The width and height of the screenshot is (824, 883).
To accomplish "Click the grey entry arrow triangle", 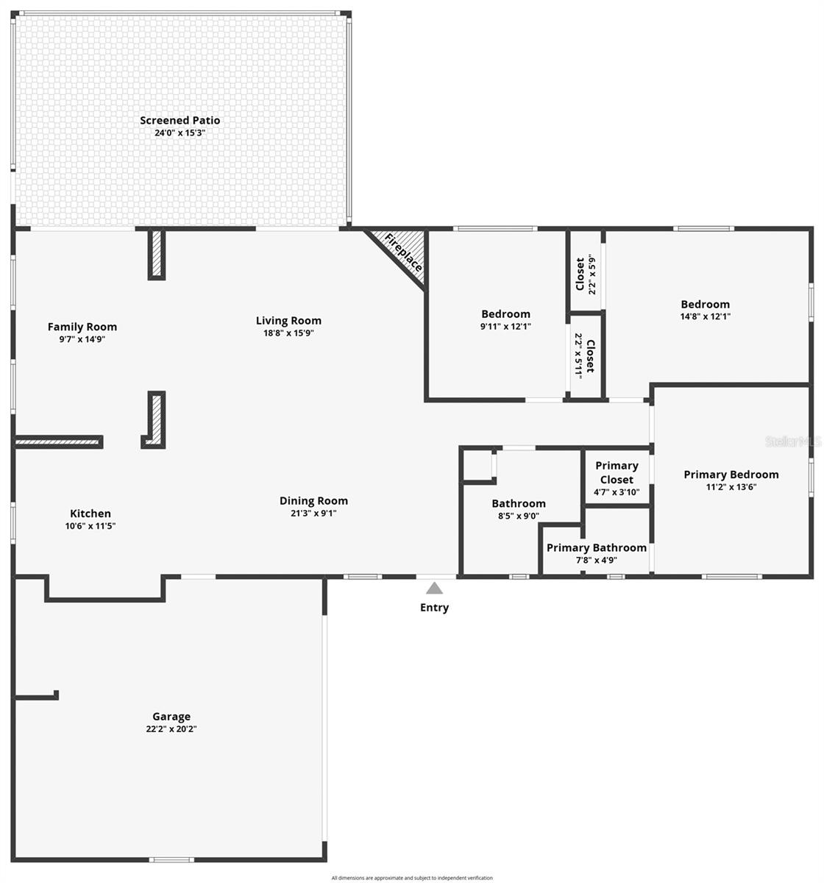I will [x=434, y=588].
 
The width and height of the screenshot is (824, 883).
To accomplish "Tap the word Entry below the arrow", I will [x=434, y=608].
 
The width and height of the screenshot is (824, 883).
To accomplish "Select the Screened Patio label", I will [x=180, y=121].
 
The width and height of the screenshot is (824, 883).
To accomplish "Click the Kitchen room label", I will [x=90, y=514].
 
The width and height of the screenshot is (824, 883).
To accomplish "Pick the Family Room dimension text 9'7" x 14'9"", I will [x=82, y=340].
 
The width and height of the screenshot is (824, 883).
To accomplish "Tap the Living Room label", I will [x=288, y=320].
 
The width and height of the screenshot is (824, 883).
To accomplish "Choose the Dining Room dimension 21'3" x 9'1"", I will [x=313, y=514].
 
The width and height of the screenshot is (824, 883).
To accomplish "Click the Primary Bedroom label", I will [x=731, y=475].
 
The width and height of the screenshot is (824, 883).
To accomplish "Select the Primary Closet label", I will [x=617, y=472].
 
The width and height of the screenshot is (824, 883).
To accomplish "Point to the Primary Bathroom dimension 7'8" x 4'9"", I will [x=596, y=560].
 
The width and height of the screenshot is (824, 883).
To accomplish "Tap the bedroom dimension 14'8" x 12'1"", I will [x=705, y=316].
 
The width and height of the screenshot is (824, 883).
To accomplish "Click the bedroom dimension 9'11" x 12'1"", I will [x=505, y=326].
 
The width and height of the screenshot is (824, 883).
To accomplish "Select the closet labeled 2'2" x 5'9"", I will [x=586, y=272].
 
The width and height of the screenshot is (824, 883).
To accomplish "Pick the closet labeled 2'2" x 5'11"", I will [x=584, y=355].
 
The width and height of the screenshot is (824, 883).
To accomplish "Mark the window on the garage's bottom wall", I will [x=172, y=859].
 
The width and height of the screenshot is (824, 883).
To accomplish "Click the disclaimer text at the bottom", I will [x=412, y=878].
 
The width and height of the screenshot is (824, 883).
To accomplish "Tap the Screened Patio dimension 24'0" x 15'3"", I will [x=180, y=133].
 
